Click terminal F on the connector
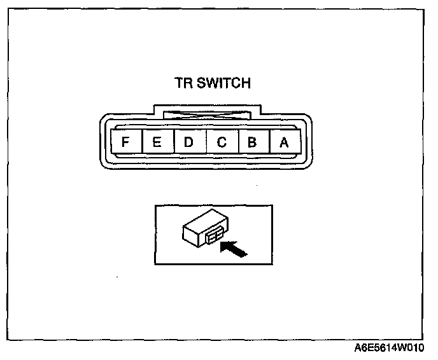125,142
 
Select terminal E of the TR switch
157,142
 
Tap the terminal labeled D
188,142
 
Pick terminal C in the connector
221,142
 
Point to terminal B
252,142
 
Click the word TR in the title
183,83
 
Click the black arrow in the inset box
234,249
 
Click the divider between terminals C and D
205,142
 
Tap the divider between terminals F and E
141,142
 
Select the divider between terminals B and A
268,142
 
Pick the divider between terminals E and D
173,142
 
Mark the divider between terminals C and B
237,142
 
